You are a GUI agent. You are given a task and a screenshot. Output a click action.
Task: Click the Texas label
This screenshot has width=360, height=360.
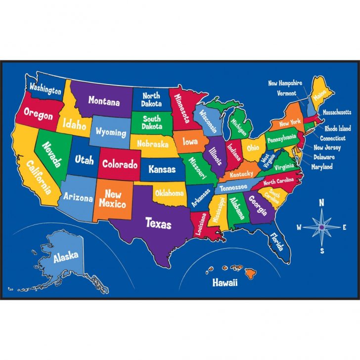click(x=158, y=223)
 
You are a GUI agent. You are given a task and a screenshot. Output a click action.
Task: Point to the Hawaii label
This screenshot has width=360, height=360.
click(x=225, y=283)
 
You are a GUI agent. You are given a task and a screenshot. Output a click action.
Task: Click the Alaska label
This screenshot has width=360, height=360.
click(x=66, y=257)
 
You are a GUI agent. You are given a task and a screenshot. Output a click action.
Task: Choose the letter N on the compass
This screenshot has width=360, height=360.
click(x=321, y=202)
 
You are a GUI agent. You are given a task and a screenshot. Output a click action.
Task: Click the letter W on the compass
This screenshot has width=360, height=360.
click(x=299, y=227)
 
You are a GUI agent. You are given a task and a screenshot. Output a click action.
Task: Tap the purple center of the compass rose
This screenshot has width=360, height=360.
click(x=322, y=227)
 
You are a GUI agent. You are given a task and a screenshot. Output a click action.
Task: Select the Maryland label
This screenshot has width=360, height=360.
click(x=322, y=167)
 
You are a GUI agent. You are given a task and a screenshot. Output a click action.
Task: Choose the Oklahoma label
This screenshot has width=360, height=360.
click(x=169, y=193)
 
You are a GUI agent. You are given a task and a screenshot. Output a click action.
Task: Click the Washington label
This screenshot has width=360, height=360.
click(x=45, y=88)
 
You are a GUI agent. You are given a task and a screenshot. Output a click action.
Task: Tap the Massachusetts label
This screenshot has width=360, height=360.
click(x=337, y=112)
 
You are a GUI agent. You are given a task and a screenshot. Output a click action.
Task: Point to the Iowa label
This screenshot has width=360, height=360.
click(x=190, y=142)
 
